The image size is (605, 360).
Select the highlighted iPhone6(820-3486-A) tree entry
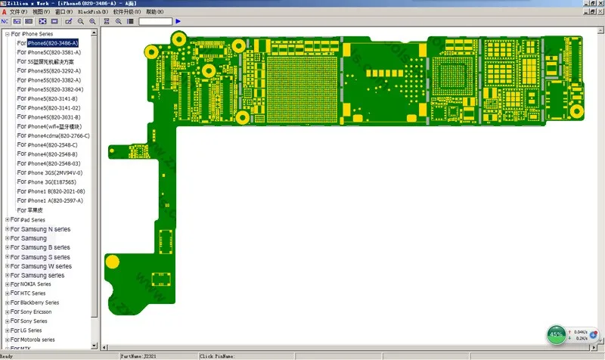pos(52,43)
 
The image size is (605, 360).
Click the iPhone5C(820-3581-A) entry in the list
pos(54,52)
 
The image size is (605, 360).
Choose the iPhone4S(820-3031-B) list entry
pos(54,117)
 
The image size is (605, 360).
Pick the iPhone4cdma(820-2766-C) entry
pos(58,135)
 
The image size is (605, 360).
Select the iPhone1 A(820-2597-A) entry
pos(54,200)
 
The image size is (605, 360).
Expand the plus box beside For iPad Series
pos(8,219)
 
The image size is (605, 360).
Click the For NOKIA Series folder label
pos(36,284)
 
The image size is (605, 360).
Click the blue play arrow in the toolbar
pos(178,21)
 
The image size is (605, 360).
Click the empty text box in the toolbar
pos(155,21)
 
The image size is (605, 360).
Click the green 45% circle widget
pos(557,334)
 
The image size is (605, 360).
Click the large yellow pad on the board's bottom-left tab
pos(113,262)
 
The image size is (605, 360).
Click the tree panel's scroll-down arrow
pos(95,345)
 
